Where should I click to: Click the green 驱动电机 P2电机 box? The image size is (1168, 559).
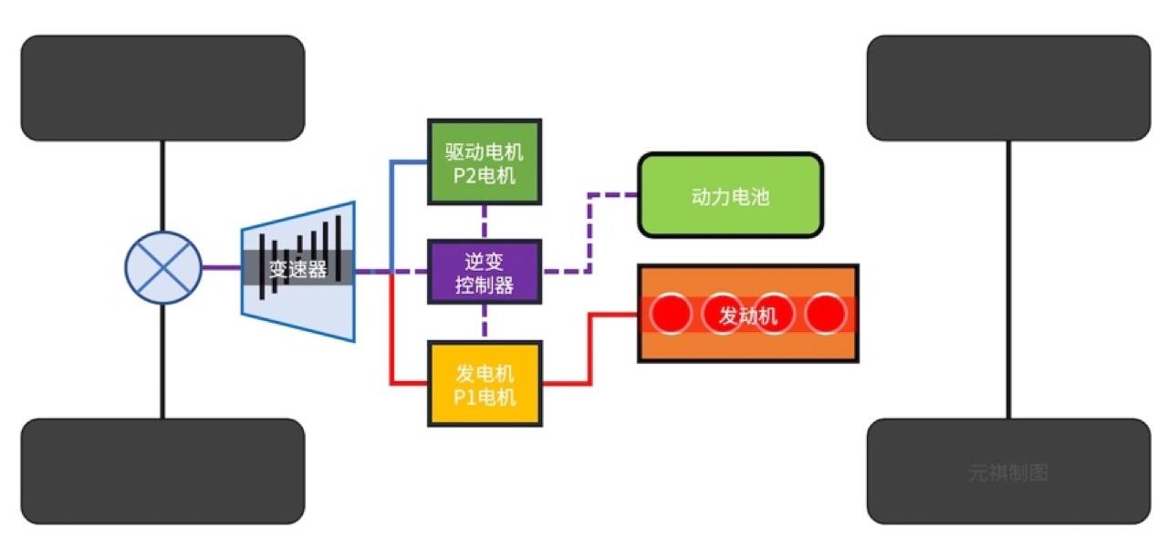coord(485,160)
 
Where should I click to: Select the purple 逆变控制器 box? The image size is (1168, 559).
coord(485,272)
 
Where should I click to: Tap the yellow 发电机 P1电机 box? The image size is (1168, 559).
coord(485,384)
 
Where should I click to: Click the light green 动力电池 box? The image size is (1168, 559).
coord(730,195)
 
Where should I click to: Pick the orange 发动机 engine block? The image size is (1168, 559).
coord(747,315)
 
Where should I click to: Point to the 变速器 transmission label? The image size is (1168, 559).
coord(297,270)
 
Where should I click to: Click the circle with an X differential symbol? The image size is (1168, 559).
coord(162,268)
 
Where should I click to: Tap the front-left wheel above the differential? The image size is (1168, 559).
coord(162,88)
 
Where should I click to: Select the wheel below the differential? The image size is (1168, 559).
coord(162,471)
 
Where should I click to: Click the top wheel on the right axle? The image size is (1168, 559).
coord(1008,88)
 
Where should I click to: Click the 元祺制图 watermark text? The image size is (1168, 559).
coord(1008,473)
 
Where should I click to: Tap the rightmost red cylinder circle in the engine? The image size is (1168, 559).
coord(828,315)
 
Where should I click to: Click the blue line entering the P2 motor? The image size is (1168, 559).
coord(409,161)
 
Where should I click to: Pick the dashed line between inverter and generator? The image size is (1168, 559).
coord(485,322)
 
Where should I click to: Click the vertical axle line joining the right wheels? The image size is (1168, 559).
coord(1008,274)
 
